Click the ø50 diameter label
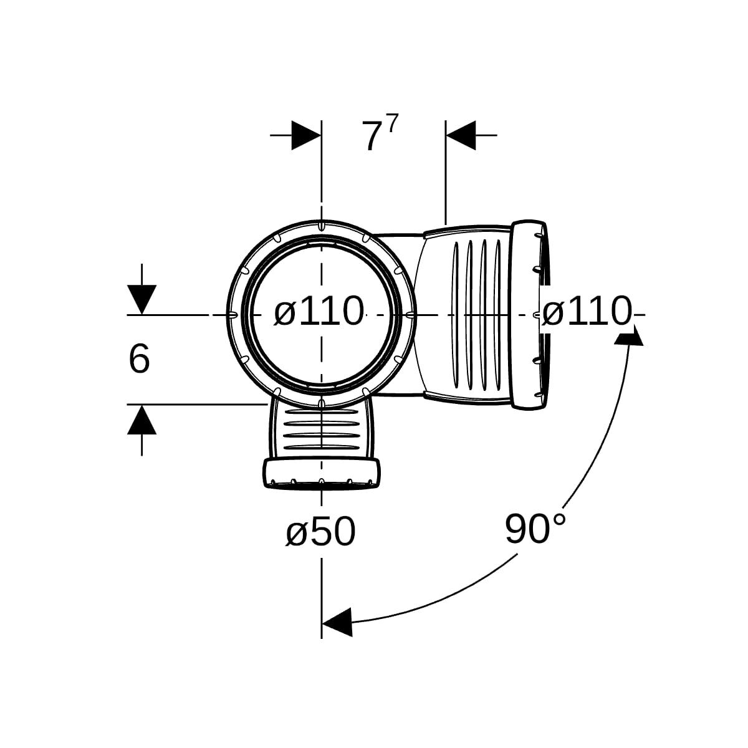pyautogui.click(x=320, y=532)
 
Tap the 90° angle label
pyautogui.click(x=535, y=529)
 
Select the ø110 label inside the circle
pyautogui.click(x=319, y=311)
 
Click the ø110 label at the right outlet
pyautogui.click(x=587, y=311)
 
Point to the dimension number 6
pyautogui.click(x=139, y=359)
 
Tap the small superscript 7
pyautogui.click(x=393, y=123)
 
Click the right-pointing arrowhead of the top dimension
pyautogui.click(x=306, y=135)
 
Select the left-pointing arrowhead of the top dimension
pyautogui.click(x=461, y=135)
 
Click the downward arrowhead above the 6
pyautogui.click(x=141, y=299)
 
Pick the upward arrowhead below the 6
pyautogui.click(x=141, y=420)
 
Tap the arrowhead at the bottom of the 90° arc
pyautogui.click(x=337, y=622)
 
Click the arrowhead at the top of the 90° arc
pyautogui.click(x=629, y=335)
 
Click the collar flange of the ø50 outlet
pyautogui.click(x=322, y=472)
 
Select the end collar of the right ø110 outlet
pyautogui.click(x=529, y=314)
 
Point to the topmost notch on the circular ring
pyautogui.click(x=321, y=226)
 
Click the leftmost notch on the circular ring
pyautogui.click(x=232, y=314)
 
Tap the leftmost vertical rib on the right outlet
pyautogui.click(x=456, y=315)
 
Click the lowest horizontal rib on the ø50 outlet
pyautogui.click(x=322, y=448)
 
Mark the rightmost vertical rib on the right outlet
pyautogui.click(x=498, y=315)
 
